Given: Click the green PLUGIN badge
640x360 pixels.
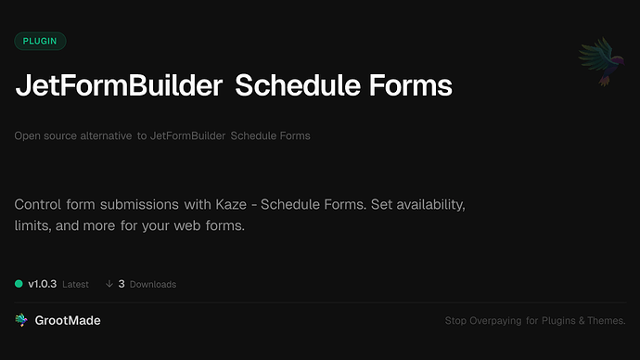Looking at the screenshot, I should [x=40, y=41].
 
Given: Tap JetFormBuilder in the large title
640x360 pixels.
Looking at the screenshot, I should [x=119, y=87].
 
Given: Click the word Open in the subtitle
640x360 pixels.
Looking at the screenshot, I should [x=27, y=135].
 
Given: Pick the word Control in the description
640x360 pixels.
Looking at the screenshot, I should [x=40, y=203].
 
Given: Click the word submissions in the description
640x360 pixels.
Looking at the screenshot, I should [x=149, y=203].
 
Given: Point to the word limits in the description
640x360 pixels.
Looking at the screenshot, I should [x=32, y=225].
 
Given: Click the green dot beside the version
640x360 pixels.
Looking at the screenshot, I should [x=19, y=284].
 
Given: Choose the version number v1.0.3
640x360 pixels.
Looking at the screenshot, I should [x=44, y=284].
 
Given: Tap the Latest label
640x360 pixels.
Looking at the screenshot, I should [x=75, y=284].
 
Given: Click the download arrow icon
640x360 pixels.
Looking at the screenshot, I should [x=109, y=284].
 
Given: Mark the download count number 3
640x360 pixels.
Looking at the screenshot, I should [x=122, y=284].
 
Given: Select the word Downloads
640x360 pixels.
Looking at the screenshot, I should [x=153, y=284].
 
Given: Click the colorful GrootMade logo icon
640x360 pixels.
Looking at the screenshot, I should [x=21, y=320].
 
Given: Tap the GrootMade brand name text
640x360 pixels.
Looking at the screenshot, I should [x=69, y=320].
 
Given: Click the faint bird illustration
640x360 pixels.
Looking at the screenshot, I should [x=598, y=63].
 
